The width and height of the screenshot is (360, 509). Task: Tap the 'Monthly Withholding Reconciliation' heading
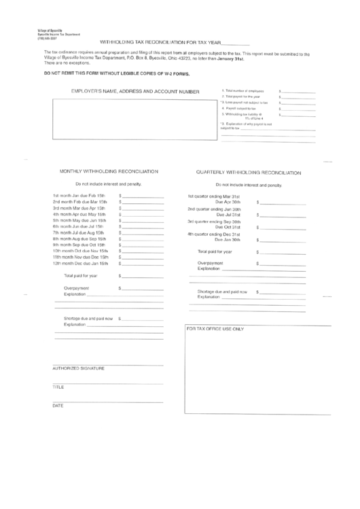109,171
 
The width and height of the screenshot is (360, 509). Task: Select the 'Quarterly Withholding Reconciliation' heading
249,173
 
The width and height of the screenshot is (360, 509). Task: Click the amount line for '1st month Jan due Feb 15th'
143,196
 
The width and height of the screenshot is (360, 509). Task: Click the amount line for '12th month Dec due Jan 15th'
143,263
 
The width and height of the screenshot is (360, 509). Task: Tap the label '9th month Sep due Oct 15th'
79,245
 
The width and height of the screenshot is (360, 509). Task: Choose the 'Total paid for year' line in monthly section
143,277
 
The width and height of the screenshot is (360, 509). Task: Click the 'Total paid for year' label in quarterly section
215,251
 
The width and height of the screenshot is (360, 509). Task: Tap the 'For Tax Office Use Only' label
215,328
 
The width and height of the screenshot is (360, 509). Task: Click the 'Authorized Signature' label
79,368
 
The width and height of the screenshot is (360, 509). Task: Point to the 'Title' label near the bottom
58,387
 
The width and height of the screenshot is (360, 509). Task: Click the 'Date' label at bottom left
58,406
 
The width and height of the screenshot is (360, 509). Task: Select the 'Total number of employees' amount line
298,91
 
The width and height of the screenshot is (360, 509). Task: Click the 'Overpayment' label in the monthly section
77,289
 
